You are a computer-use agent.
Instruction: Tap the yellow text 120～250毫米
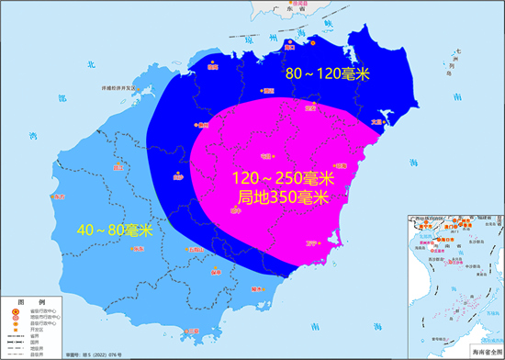tap(281, 177)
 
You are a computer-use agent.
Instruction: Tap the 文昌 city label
tap(376, 120)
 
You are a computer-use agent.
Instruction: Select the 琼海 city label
tap(340, 166)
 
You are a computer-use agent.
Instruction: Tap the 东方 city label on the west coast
tap(60, 197)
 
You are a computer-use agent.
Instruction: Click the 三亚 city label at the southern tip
tap(192, 331)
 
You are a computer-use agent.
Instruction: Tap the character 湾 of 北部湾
tap(34, 135)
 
